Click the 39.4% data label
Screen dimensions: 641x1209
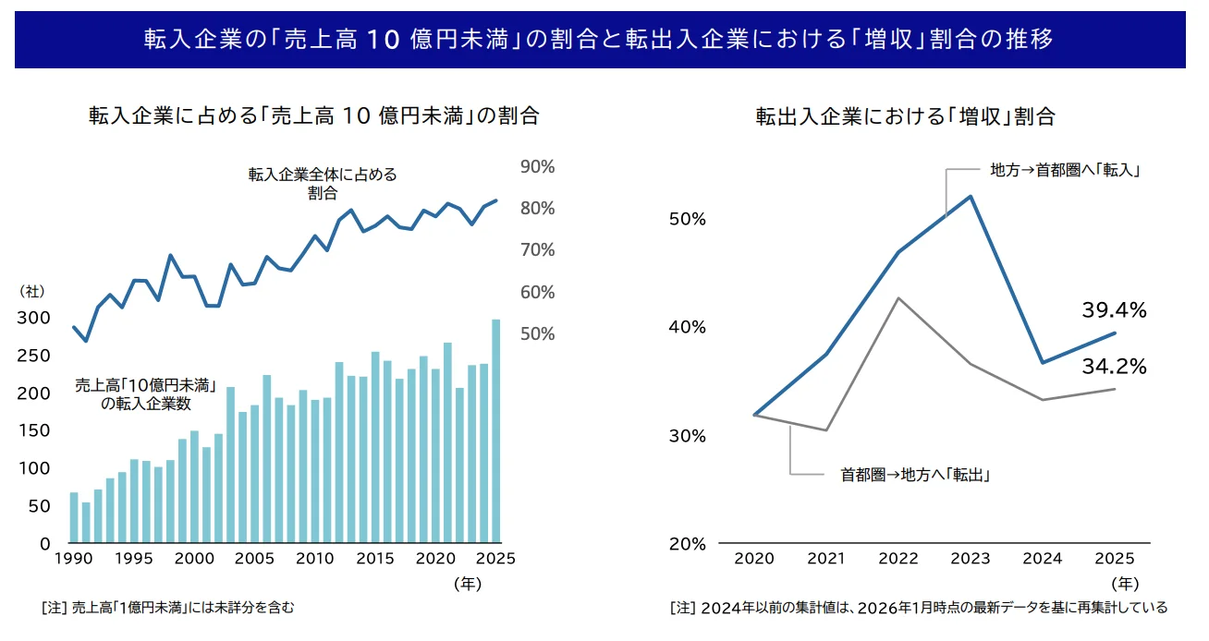1114,311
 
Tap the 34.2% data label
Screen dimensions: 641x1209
1114,367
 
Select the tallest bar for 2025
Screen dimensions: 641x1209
495,430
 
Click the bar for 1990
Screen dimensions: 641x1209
74,517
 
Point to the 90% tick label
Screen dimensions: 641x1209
537,167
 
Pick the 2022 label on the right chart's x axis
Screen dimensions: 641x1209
897,559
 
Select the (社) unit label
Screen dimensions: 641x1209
31,291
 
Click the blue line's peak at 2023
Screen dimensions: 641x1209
971,197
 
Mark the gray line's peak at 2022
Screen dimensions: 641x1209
898,298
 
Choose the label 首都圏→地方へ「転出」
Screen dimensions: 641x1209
915,475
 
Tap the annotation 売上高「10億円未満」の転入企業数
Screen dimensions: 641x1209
145,395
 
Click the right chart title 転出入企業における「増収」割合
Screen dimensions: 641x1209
905,117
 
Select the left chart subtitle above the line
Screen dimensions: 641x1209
313,116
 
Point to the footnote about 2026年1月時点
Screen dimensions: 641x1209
919,608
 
